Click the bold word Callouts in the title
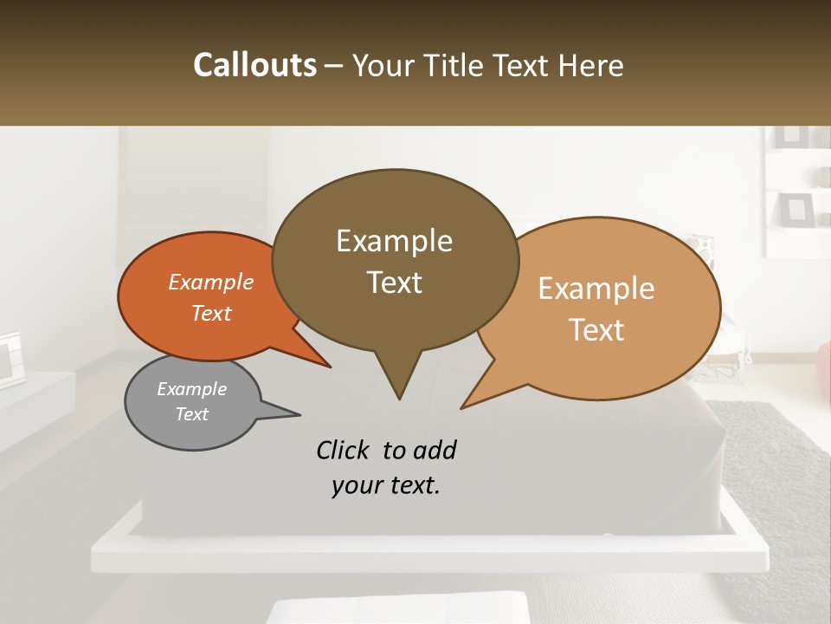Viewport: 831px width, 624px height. click(254, 65)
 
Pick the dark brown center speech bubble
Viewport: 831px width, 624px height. click(395, 260)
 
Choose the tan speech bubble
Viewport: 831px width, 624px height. click(606, 308)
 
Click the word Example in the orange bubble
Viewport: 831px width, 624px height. click(211, 283)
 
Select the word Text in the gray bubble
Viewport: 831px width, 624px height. click(192, 414)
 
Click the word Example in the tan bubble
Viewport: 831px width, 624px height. click(596, 289)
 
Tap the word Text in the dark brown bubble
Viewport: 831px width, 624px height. click(395, 283)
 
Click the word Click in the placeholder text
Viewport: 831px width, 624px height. click(345, 450)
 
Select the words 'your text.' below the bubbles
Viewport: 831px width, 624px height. click(386, 485)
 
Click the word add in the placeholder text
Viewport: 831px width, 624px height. click(435, 450)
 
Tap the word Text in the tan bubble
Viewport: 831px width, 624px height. click(596, 329)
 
